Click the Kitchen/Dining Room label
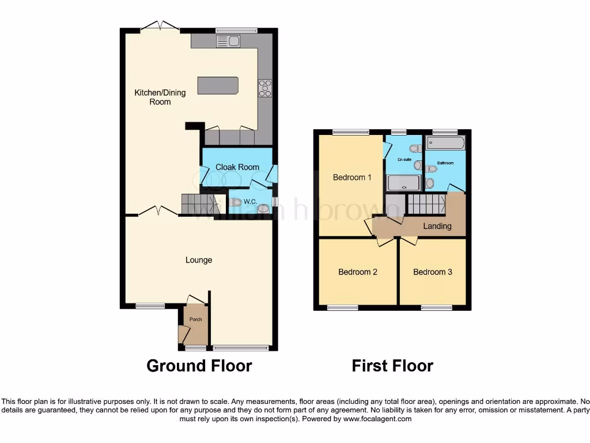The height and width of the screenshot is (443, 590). (160, 97)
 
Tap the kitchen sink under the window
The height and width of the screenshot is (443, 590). (228, 41)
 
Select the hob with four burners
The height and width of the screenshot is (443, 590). (265, 88)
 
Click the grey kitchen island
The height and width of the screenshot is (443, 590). (218, 85)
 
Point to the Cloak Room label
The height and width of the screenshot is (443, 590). (237, 167)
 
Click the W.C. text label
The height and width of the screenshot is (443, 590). (250, 201)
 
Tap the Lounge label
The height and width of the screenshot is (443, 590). (199, 260)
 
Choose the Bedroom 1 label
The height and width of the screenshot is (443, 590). (352, 177)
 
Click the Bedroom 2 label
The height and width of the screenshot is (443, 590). (358, 272)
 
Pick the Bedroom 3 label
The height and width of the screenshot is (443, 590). (433, 272)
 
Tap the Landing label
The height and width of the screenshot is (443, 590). (437, 226)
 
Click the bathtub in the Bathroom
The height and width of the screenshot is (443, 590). (445, 142)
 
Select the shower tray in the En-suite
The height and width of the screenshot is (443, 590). (403, 183)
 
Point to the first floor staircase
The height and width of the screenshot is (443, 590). (426, 204)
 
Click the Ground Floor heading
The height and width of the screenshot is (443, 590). (199, 366)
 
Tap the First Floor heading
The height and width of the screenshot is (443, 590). (392, 366)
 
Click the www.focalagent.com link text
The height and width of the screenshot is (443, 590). (377, 419)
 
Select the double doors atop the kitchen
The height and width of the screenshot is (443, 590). (160, 26)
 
